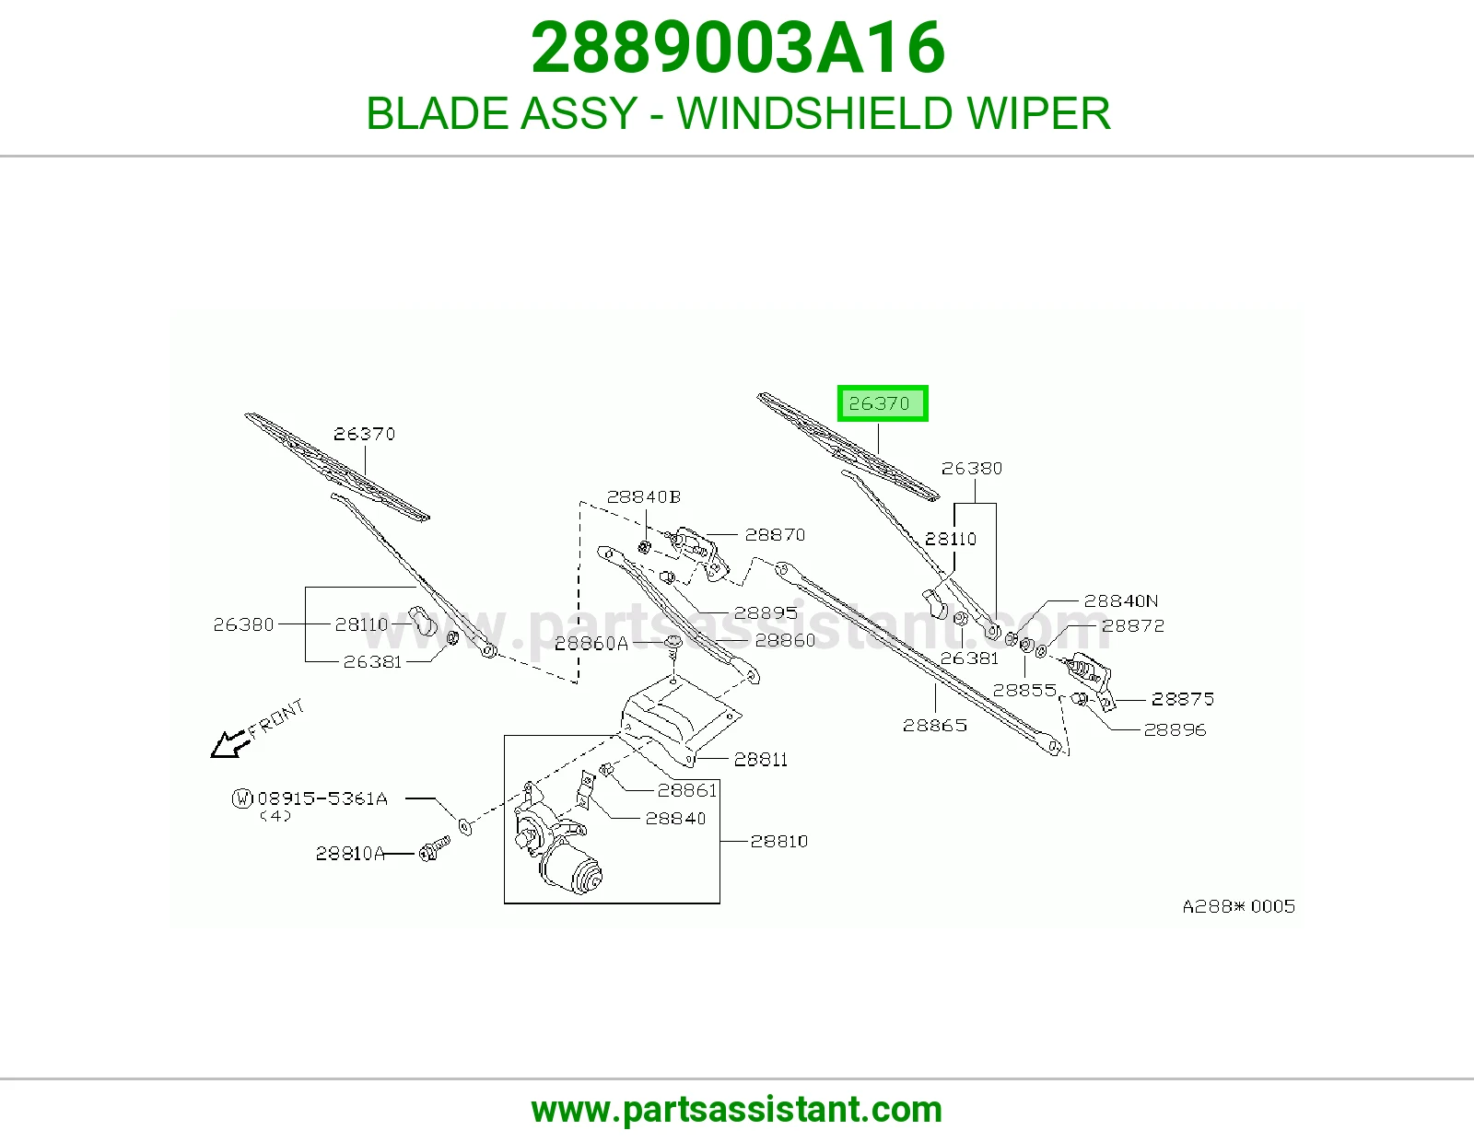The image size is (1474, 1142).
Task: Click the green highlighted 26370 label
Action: pos(882,403)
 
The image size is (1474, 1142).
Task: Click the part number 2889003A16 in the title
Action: pos(737,48)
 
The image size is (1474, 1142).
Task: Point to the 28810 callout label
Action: pos(778,841)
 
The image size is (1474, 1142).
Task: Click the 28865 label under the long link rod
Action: pos(935,725)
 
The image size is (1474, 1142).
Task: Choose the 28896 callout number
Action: pos(1175,729)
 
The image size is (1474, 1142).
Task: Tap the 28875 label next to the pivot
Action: pos(1182,698)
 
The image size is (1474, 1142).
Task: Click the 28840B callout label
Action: pos(644,496)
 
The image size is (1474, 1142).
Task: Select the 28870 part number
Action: pos(775,534)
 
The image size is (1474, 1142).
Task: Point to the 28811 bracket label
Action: pos(760,759)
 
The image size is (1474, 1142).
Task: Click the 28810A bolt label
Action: pos(350,853)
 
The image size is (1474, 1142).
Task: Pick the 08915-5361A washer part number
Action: pos(322,798)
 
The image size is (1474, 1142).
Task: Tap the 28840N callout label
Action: pos(1121,600)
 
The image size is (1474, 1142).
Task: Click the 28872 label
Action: pos(1133,625)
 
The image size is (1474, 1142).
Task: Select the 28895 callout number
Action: pos(766,612)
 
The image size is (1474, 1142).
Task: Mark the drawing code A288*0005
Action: pos(1239,906)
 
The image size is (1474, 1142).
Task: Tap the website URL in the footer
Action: pos(737,1110)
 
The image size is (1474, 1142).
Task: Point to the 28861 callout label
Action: pos(687,790)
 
